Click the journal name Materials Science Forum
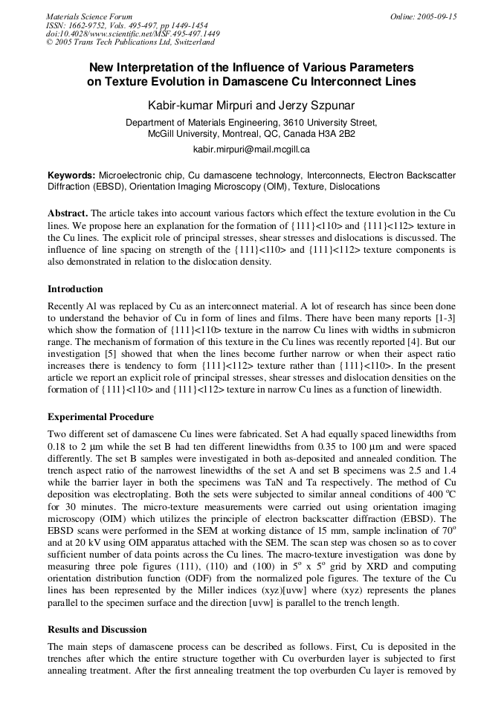pyautogui.click(x=89, y=16)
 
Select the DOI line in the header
pyautogui.click(x=132, y=33)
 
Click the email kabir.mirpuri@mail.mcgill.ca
pyautogui.click(x=251, y=149)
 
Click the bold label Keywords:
pyautogui.click(x=71, y=175)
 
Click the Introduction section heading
pyautogui.click(x=75, y=289)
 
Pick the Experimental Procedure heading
pyautogui.click(x=100, y=417)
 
